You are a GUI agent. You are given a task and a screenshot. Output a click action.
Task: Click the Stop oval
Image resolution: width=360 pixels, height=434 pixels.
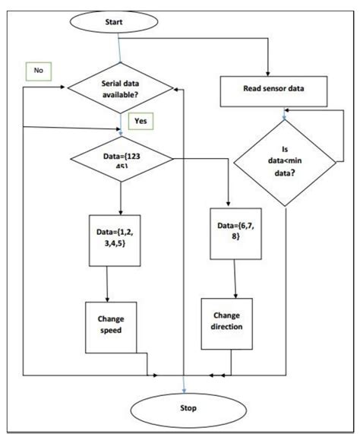pos(188,408)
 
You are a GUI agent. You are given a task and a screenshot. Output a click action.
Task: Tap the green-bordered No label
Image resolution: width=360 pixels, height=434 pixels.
pos(37,71)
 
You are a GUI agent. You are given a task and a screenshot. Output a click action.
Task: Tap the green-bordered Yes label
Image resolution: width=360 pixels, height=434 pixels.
pos(141,120)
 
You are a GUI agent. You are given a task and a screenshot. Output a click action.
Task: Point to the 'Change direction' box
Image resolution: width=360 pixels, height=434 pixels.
pos(227,321)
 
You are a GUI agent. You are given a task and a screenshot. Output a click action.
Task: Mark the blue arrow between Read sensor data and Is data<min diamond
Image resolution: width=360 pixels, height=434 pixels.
pos(285,112)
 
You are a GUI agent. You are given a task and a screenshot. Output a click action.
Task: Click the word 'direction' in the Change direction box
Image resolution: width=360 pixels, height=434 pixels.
pos(227,327)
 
